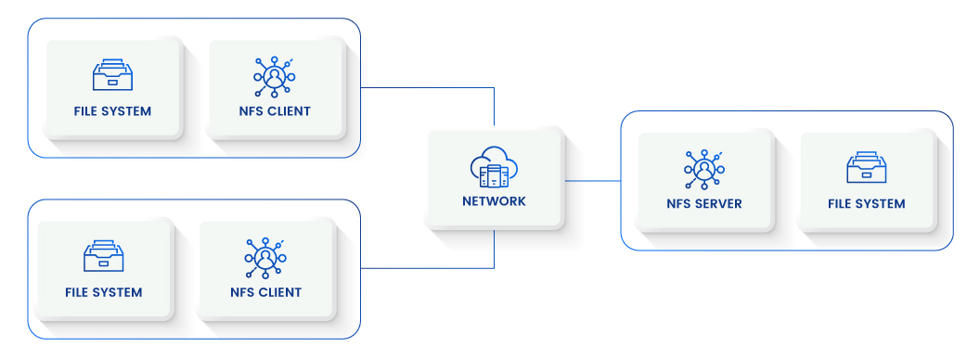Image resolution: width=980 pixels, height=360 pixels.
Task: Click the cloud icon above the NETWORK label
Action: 494,169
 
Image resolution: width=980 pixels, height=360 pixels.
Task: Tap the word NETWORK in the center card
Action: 494,201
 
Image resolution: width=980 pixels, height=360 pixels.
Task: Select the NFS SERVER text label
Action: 704,203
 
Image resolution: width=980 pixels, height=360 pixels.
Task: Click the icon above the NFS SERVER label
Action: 704,168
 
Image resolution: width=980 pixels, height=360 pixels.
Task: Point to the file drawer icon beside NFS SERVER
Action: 866,168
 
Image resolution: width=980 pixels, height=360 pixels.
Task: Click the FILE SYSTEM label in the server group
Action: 866,203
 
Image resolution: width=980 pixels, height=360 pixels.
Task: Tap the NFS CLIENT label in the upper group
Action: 274,111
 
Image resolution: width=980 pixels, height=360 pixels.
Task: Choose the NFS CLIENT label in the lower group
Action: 265,292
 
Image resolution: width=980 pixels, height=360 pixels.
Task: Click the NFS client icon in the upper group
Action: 274,76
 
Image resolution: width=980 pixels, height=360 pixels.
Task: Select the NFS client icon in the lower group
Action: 265,256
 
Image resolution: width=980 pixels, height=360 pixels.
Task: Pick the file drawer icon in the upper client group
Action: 112,76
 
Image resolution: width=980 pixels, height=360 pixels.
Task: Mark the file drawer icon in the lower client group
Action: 104,256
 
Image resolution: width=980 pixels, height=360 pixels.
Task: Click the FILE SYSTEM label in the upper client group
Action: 112,111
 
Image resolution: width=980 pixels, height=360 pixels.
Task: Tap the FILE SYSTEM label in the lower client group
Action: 104,292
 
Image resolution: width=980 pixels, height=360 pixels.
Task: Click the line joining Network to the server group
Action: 592,181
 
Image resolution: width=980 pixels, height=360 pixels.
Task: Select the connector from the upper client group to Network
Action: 427,88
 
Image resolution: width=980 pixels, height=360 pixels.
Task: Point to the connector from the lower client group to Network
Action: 427,268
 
